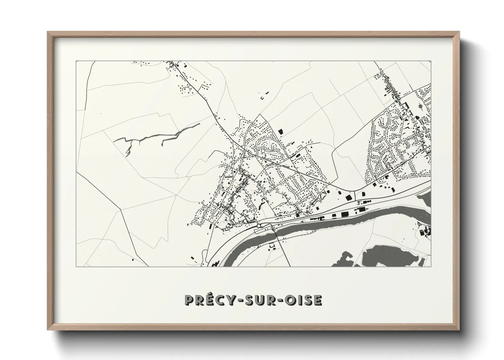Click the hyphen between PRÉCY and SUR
[234, 301]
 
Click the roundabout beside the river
[259, 225]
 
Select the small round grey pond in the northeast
[422, 107]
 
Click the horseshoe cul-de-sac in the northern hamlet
[186, 89]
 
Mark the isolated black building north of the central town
[281, 131]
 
